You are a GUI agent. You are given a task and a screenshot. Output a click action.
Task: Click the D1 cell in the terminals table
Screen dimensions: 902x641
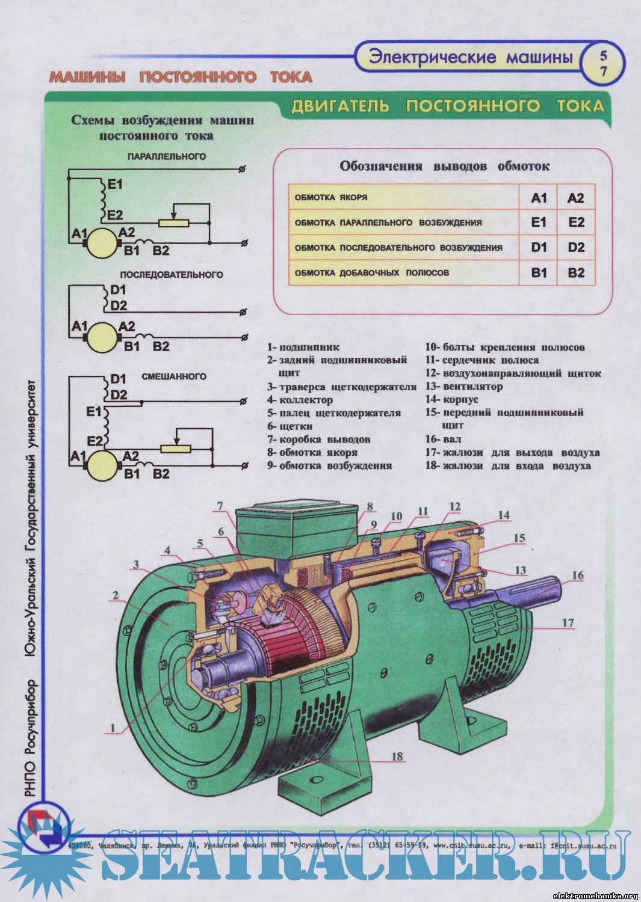[539, 247]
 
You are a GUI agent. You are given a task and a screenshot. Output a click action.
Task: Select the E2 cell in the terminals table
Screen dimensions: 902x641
[576, 222]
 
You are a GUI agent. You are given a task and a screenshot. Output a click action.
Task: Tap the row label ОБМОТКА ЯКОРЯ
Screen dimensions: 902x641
[331, 197]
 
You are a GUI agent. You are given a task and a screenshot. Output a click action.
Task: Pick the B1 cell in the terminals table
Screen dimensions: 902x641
[539, 272]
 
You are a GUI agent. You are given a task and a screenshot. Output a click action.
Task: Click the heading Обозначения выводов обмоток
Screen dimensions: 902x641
[444, 166]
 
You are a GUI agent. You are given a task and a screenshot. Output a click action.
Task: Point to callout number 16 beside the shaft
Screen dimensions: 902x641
[577, 575]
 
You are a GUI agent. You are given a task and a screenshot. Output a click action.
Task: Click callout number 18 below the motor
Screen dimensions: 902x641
[397, 756]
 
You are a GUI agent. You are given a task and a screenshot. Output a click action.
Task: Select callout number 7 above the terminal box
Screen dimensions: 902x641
[220, 505]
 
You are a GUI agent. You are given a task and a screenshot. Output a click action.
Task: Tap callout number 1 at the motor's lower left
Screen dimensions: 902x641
[112, 728]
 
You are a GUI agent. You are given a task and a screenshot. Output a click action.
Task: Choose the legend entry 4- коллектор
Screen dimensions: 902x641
[300, 400]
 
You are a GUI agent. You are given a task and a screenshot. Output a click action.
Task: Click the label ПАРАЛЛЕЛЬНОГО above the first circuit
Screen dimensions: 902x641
[166, 156]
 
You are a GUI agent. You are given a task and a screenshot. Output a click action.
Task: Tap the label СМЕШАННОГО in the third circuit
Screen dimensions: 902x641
[174, 376]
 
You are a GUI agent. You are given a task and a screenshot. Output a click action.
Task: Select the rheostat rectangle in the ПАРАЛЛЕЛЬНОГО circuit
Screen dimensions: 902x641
[174, 222]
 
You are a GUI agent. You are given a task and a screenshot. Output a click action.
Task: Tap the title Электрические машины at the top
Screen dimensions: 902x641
[470, 57]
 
